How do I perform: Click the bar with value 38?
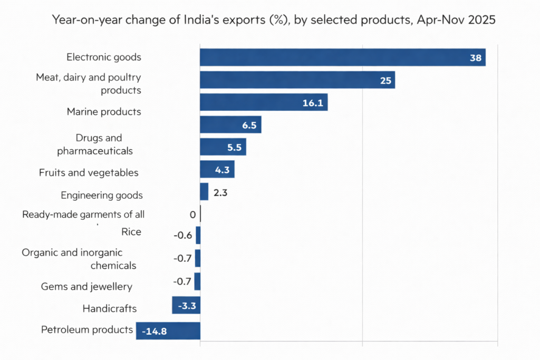click(342, 57)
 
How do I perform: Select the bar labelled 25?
click(297, 80)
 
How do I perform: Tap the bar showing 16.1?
click(264, 102)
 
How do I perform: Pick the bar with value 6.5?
click(230, 125)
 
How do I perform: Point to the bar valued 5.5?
click(223, 147)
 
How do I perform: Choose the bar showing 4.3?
click(217, 170)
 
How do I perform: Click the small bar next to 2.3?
click(204, 192)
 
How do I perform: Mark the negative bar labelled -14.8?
click(168, 330)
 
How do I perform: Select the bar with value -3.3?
click(186, 305)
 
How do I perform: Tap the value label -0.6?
click(182, 235)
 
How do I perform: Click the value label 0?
click(192, 215)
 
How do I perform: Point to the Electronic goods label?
click(104, 57)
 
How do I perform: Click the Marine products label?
click(104, 112)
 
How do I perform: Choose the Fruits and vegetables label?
click(89, 173)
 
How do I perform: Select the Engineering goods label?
click(102, 196)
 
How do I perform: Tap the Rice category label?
click(131, 232)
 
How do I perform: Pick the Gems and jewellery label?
click(86, 287)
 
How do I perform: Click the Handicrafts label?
click(109, 308)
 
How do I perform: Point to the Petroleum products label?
click(87, 330)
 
